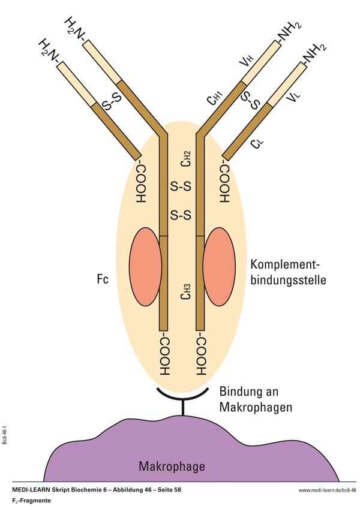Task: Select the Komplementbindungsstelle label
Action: pyautogui.click(x=288, y=272)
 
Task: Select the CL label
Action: pyautogui.click(x=256, y=144)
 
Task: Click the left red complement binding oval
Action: pyautogui.click(x=146, y=266)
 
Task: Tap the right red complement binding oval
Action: pyautogui.click(x=221, y=266)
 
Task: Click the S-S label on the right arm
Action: pyautogui.click(x=250, y=101)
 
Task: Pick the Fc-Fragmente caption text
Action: pyautogui.click(x=31, y=499)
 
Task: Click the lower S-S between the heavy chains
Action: pyautogui.click(x=181, y=215)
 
